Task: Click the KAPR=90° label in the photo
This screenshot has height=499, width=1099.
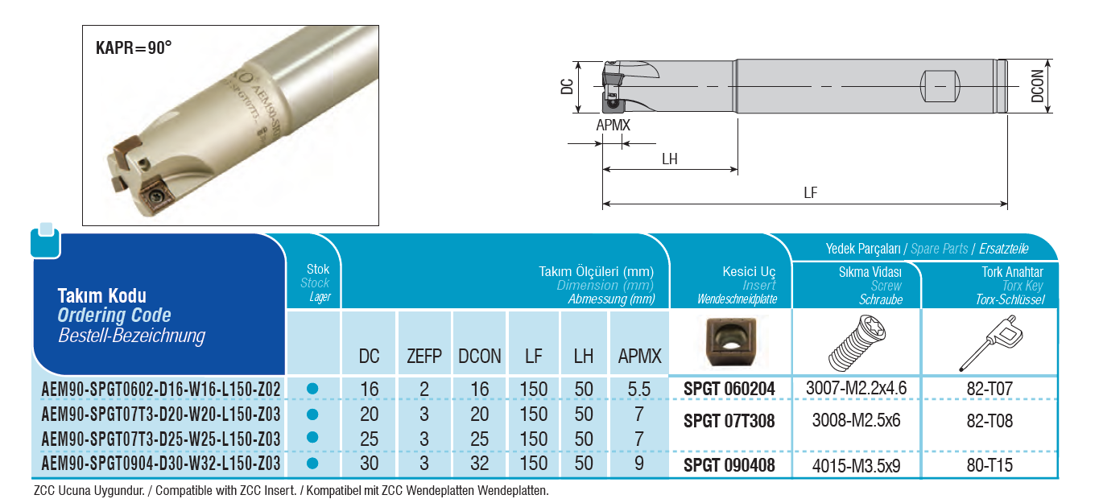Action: pyautogui.click(x=134, y=47)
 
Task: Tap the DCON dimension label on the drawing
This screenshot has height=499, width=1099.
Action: pyautogui.click(x=1037, y=86)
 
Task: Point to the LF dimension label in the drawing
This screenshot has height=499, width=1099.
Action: pyautogui.click(x=811, y=192)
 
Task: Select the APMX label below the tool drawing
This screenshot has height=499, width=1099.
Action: pyautogui.click(x=613, y=125)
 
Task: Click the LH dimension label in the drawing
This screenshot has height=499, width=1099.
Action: pyautogui.click(x=669, y=159)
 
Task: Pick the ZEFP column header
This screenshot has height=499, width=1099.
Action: pyautogui.click(x=423, y=357)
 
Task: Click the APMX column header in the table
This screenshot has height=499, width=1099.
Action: pyautogui.click(x=639, y=357)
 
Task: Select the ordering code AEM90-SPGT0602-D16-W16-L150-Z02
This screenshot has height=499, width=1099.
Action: pyautogui.click(x=161, y=390)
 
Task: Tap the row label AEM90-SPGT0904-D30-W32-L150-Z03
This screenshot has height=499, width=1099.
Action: pyautogui.click(x=161, y=463)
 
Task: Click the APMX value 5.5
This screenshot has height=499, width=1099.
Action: pyautogui.click(x=638, y=390)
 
